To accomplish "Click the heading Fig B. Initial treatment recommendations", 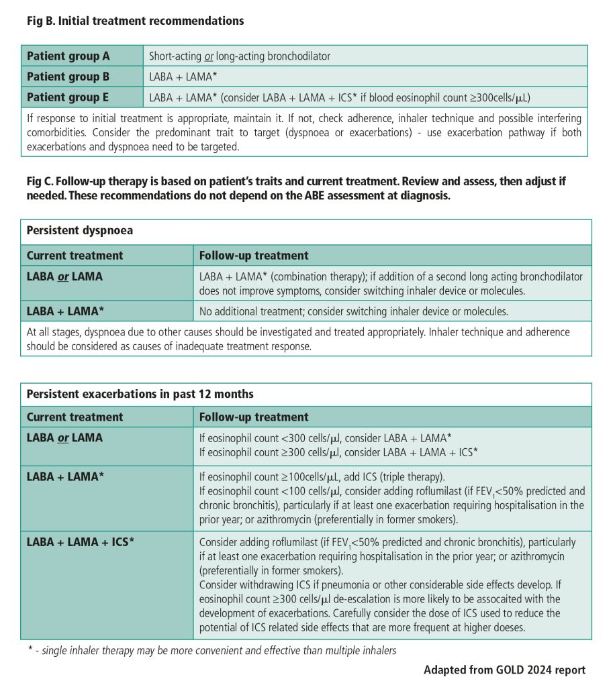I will (135, 21).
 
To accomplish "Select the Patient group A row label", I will (68, 56).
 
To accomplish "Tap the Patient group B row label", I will (68, 76).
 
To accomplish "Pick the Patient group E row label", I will (68, 97).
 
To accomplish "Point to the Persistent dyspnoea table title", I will (80, 231).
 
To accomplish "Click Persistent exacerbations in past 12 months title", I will (140, 394).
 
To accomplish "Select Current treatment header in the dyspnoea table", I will (75, 256).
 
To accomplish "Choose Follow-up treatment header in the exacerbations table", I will (254, 417).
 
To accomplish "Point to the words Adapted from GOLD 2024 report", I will (504, 670).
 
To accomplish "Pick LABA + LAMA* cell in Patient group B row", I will (183, 76).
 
